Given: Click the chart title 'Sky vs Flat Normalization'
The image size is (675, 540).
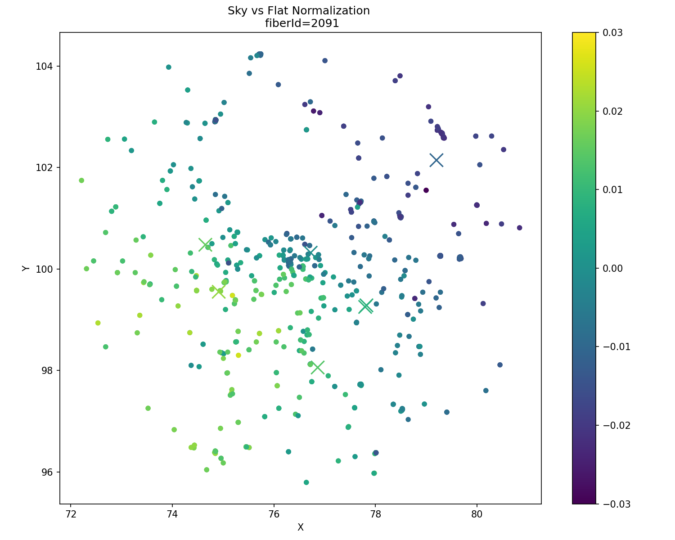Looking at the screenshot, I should (298, 11).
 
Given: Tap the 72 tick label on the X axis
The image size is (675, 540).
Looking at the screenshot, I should (71, 514).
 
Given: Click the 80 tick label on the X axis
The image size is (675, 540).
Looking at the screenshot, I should (477, 514).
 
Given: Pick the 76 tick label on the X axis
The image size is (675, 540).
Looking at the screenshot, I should (274, 514).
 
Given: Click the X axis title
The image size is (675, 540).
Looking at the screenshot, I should (300, 527).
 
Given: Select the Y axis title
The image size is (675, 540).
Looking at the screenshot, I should (26, 268).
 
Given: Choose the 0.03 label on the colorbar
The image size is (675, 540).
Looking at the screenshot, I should (612, 32).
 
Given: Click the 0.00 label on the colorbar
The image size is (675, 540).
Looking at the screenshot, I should (612, 268).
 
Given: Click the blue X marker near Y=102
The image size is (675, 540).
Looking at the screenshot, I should (436, 160).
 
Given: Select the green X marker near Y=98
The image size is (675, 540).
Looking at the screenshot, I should (317, 367).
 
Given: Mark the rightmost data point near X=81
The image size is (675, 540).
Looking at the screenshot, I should (519, 228).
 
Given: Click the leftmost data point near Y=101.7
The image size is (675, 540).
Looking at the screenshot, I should (81, 180).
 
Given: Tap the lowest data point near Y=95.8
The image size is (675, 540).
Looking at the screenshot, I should (306, 482).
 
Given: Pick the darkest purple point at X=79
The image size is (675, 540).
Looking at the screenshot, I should (426, 190).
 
